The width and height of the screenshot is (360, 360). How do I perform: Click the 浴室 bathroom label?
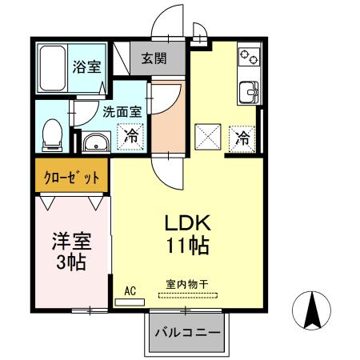(87, 67)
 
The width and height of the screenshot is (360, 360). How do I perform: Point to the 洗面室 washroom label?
(120, 113)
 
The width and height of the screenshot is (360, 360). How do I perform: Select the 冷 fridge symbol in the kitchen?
(242, 138)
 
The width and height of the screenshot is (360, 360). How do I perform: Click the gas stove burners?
(248, 57)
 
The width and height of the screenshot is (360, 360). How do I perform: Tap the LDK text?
(187, 222)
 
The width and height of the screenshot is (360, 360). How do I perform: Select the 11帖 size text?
(188, 246)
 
